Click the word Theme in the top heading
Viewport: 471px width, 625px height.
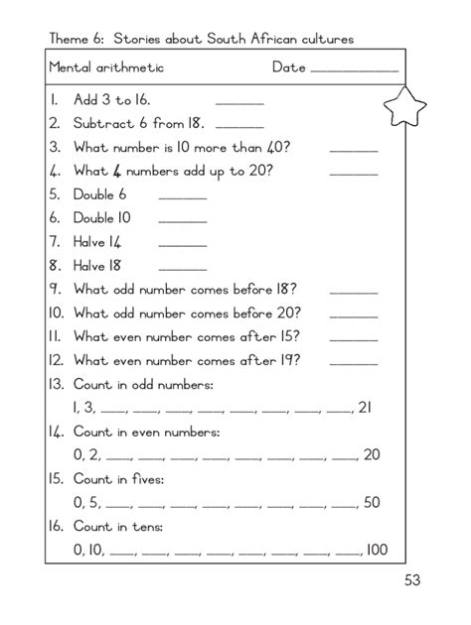coord(70,39)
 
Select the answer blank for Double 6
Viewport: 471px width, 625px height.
coord(182,198)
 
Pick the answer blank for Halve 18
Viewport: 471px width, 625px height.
coord(182,269)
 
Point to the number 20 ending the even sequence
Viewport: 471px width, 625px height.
coord(371,454)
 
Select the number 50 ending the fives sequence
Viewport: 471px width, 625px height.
coord(372,502)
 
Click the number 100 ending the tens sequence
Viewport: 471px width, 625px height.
coord(376,550)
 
